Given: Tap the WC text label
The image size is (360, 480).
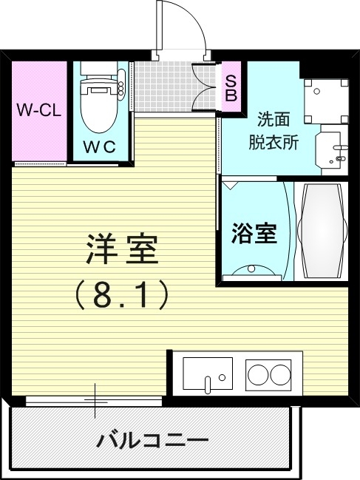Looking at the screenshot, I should click(100, 146).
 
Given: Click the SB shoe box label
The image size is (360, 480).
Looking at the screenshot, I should click(231, 88).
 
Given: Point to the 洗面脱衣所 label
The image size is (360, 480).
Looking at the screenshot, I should click(277, 130).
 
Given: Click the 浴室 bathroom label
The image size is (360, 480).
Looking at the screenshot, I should click(254, 233).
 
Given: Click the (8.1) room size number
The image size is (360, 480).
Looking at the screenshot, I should click(123, 296).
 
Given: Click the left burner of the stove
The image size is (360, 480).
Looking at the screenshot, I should click(258, 373).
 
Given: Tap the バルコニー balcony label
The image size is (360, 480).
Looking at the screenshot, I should click(152, 441).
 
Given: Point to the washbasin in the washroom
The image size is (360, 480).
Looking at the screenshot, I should click(330, 151).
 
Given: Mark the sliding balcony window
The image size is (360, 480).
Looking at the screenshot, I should click(94, 401).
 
